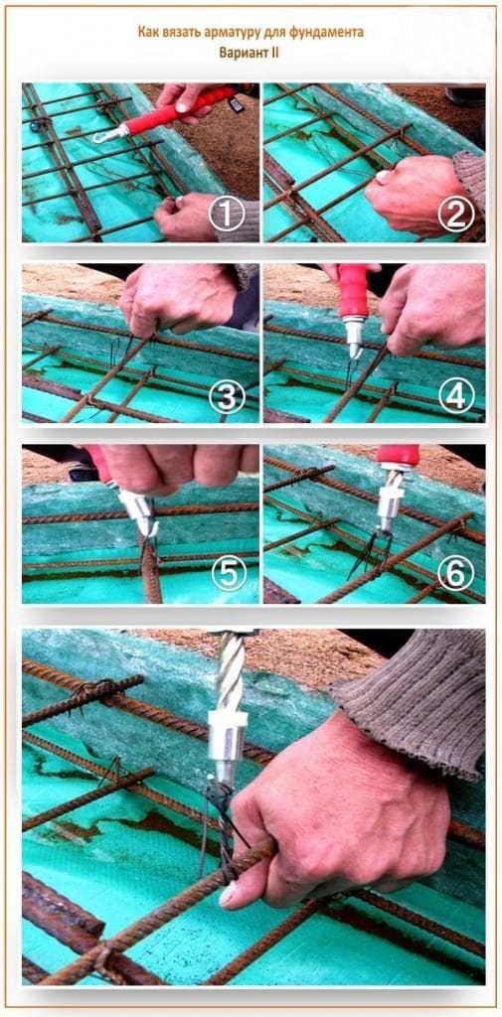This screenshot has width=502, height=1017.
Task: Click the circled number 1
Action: (226, 215)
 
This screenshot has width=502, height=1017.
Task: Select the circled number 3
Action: (227, 395)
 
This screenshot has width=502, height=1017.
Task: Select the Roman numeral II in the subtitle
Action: (274, 54)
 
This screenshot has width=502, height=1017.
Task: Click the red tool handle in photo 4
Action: (353, 291)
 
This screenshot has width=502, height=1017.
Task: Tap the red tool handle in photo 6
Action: (398, 456)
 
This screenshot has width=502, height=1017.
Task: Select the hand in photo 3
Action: (179, 297)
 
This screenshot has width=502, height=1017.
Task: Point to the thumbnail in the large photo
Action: (228, 897)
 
